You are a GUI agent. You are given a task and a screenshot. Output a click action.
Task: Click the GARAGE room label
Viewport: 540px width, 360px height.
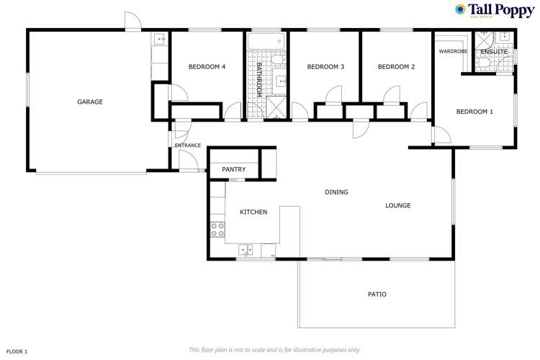pos(90,102)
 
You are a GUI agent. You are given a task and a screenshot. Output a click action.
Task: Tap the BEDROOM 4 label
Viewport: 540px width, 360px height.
pos(207,67)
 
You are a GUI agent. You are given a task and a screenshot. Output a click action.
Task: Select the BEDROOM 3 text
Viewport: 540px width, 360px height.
pos(325,67)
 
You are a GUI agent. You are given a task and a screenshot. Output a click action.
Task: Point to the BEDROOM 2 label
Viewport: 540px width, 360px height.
pos(397,67)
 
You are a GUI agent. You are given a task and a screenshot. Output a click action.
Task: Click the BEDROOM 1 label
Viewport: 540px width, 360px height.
pos(474,112)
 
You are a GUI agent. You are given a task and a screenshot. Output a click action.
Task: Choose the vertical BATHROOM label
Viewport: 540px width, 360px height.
pos(260,79)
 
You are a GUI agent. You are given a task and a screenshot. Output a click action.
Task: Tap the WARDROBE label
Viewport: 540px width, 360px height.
pos(454,52)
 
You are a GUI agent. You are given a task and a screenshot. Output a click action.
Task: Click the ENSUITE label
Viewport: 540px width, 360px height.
pos(495,52)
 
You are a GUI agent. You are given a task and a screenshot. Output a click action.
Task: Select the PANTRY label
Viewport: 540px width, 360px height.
pos(233,170)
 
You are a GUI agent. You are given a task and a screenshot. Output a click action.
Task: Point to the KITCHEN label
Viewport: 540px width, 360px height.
pos(253,212)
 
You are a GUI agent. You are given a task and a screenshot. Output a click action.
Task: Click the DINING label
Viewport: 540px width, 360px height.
pos(336,192)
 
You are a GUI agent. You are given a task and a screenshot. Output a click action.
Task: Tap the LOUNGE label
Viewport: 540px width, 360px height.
pos(397,205)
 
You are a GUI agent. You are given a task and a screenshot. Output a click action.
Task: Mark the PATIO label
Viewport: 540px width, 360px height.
pos(377,294)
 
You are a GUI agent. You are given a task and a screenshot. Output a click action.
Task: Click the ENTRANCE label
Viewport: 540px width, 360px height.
pos(188,145)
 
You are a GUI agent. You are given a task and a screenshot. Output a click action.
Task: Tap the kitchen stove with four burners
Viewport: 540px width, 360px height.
pos(217,230)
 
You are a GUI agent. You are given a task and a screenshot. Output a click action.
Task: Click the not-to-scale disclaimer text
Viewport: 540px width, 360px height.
pos(274,350)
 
